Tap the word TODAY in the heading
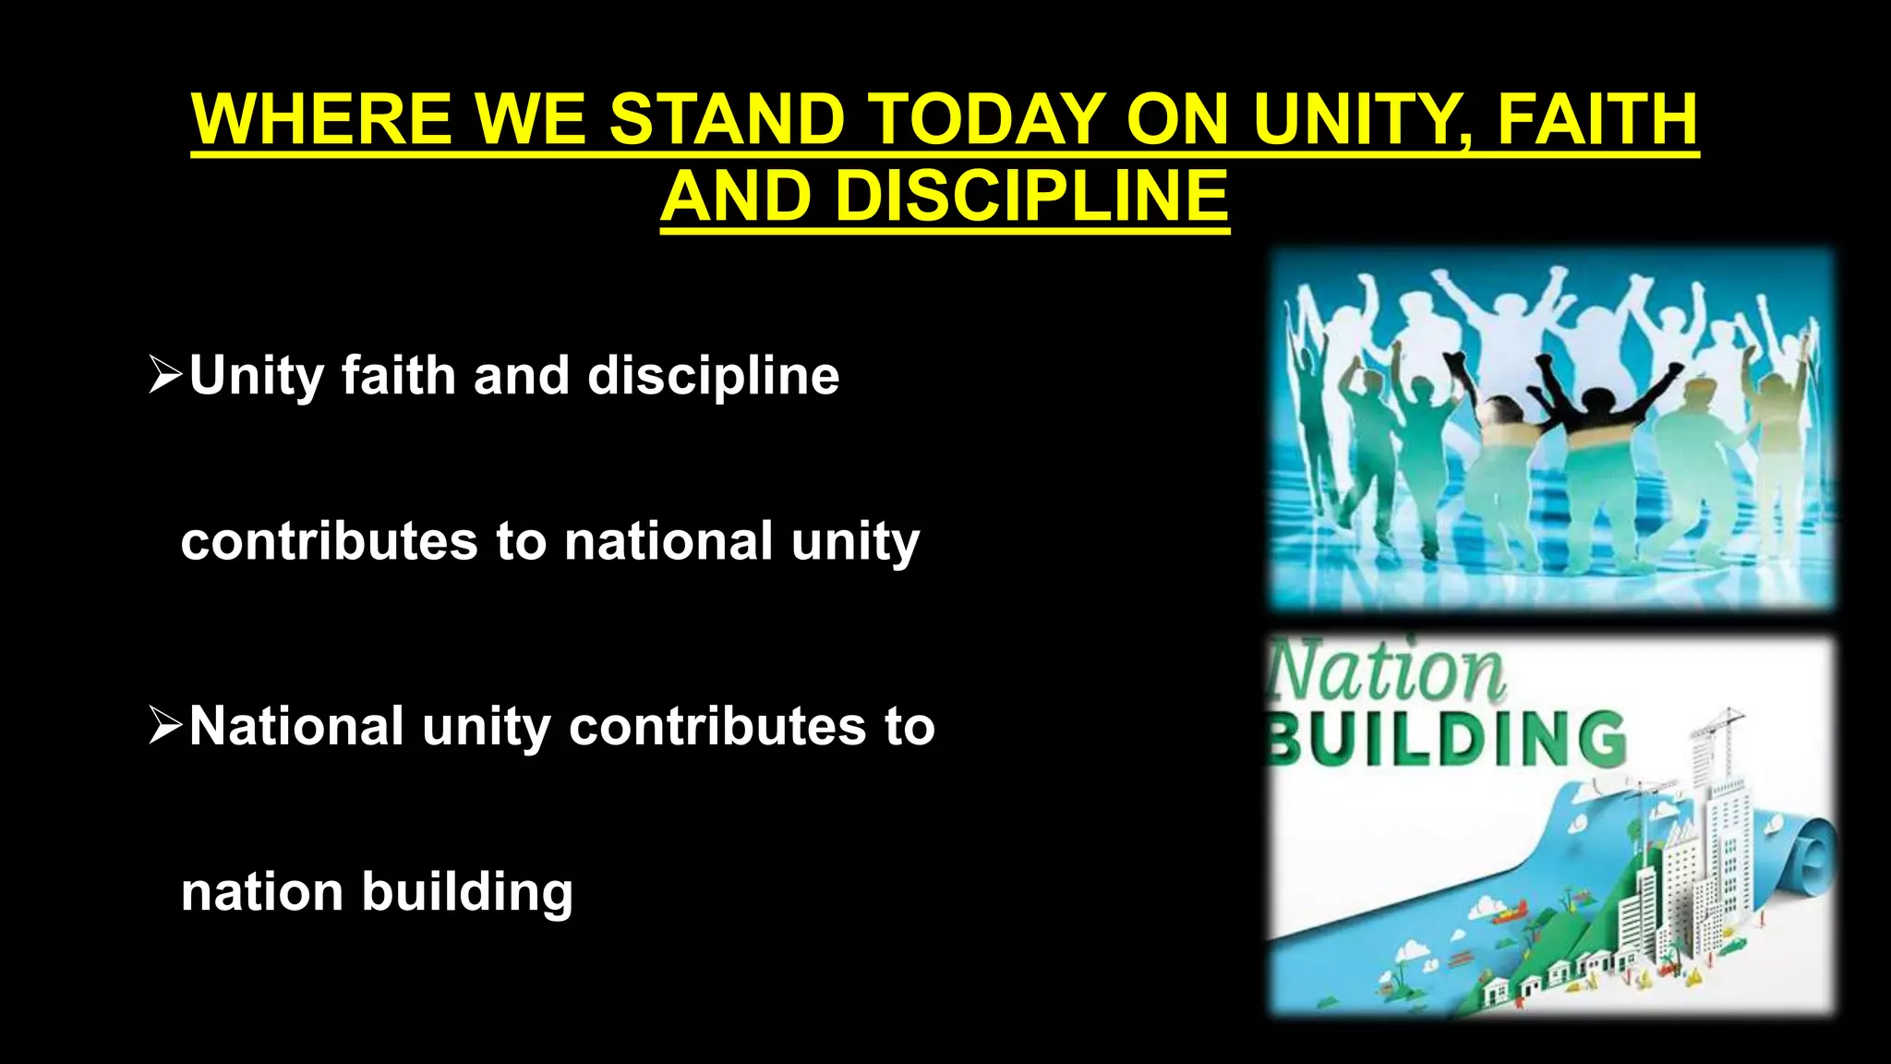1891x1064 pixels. (x=988, y=119)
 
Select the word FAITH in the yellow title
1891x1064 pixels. (x=1597, y=119)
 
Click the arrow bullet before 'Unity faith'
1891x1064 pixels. (x=166, y=375)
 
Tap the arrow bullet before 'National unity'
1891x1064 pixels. (x=166, y=726)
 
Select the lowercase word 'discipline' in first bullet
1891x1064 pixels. (x=713, y=375)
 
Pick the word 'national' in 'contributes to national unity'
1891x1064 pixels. (x=668, y=541)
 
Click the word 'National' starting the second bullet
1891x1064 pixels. (x=296, y=726)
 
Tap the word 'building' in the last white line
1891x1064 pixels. (x=467, y=892)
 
